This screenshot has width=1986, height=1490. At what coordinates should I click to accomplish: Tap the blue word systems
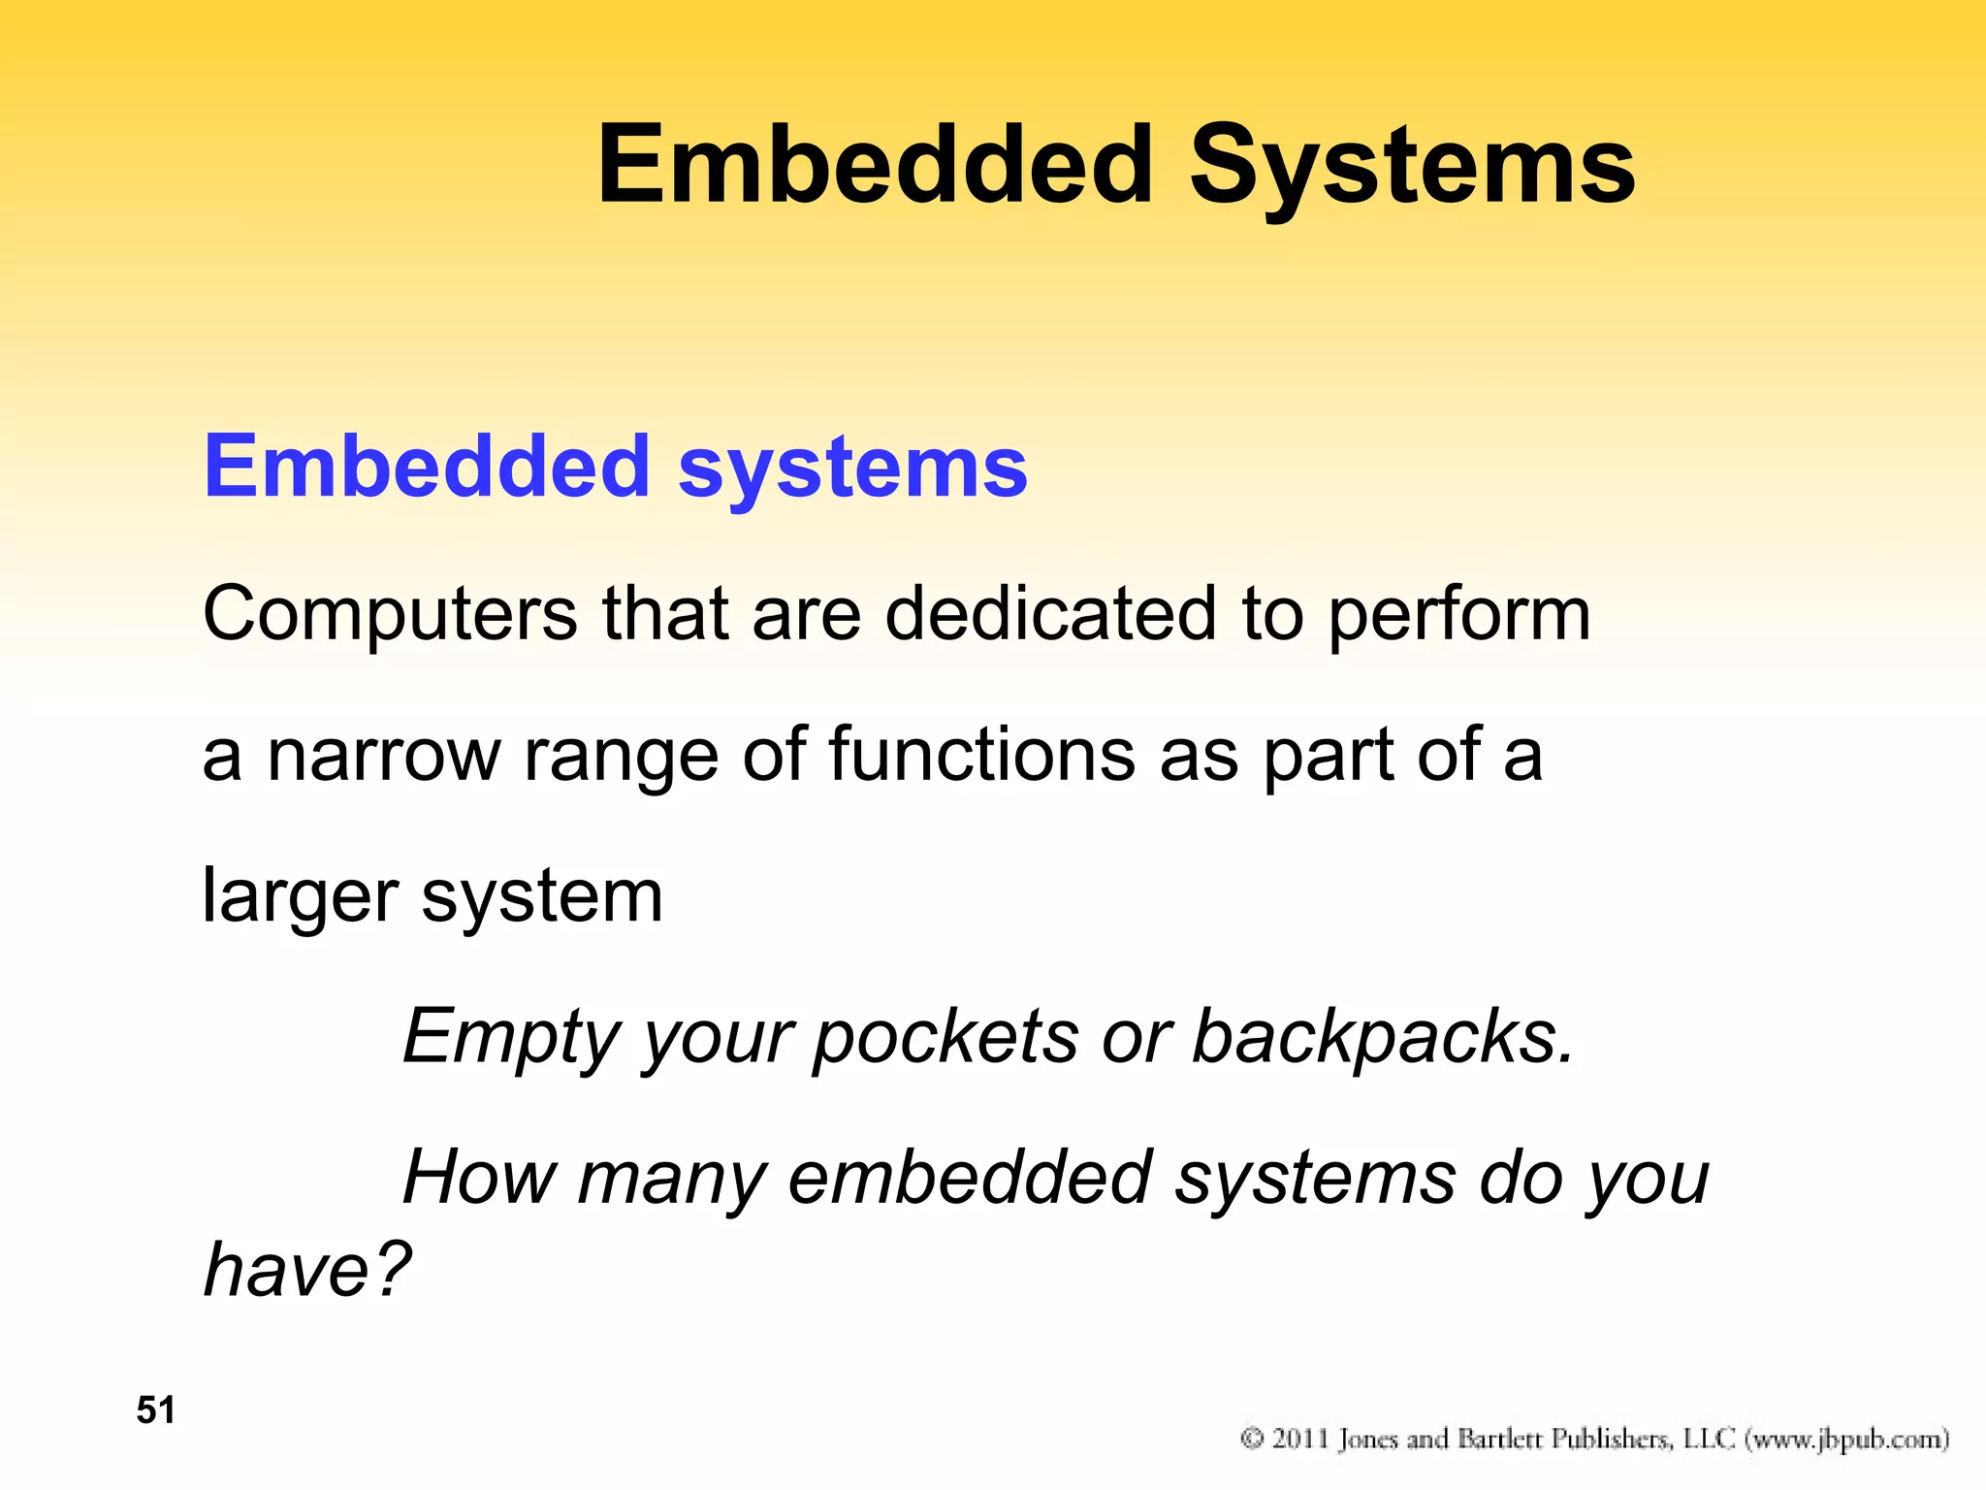[x=852, y=469]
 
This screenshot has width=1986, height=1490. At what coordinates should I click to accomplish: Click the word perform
[x=1458, y=617]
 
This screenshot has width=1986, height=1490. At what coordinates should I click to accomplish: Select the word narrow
[x=383, y=757]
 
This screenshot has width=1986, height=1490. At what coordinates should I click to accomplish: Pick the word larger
[x=300, y=898]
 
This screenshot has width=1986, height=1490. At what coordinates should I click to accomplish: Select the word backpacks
[x=1381, y=1038]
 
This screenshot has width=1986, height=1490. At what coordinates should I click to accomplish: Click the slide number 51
[x=156, y=1410]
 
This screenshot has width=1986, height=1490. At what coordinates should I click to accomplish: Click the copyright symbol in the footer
[x=1252, y=1438]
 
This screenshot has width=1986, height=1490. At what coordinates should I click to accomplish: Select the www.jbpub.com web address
[x=1846, y=1439]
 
